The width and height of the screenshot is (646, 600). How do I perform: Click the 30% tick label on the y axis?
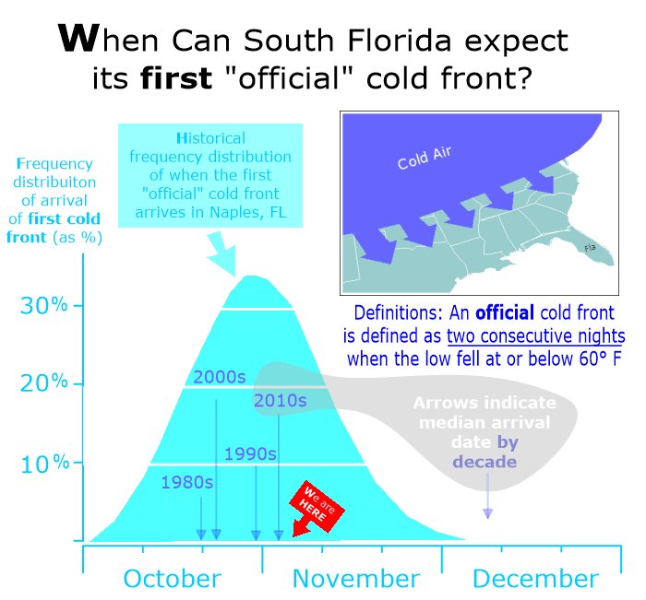(x=43, y=305)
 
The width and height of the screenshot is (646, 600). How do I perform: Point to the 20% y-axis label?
(x=43, y=383)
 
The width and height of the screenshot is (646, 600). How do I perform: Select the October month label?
(x=173, y=578)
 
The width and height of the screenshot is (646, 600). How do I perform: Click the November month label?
(x=356, y=578)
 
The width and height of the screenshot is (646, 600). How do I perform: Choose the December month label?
(x=535, y=578)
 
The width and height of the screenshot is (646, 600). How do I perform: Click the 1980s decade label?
(x=187, y=482)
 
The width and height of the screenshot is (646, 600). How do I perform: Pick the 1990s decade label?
(x=250, y=453)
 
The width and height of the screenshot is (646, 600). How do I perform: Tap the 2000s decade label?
(x=220, y=377)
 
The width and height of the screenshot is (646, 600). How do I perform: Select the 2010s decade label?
(x=281, y=400)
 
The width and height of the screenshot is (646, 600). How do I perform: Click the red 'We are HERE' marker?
(x=317, y=508)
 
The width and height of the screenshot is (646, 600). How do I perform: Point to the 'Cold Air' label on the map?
(x=425, y=158)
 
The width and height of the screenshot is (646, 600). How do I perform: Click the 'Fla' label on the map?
(x=590, y=248)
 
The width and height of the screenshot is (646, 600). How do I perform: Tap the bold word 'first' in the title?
(x=176, y=78)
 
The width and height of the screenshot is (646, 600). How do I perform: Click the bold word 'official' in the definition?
(x=505, y=312)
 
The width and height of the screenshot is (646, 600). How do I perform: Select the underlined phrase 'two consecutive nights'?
(x=536, y=336)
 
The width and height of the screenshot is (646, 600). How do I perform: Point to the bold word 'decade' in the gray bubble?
(x=484, y=462)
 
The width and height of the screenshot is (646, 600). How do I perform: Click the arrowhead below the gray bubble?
(x=488, y=513)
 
